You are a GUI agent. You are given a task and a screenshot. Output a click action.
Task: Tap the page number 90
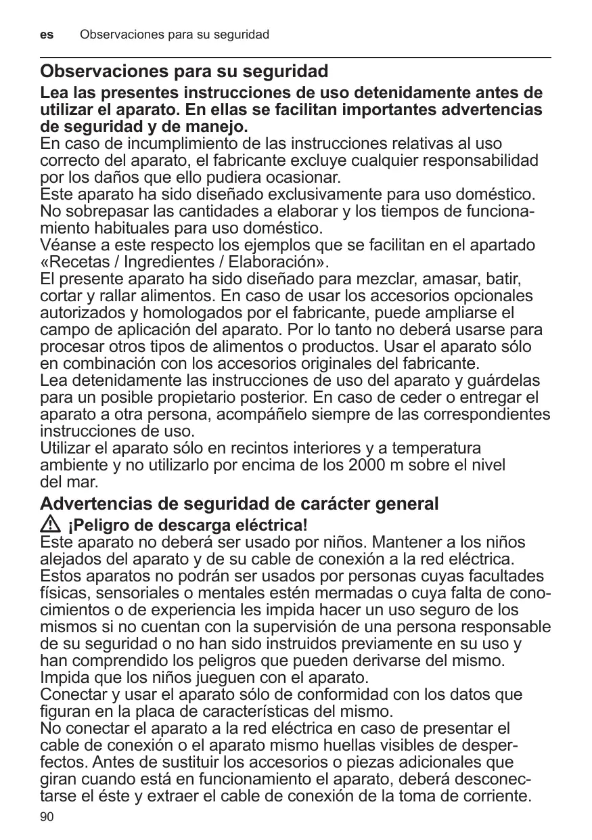47,817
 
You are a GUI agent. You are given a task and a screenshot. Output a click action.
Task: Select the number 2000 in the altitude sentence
366,466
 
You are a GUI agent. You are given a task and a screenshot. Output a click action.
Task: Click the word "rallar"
103,296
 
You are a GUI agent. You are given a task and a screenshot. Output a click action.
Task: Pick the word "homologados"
177,313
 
